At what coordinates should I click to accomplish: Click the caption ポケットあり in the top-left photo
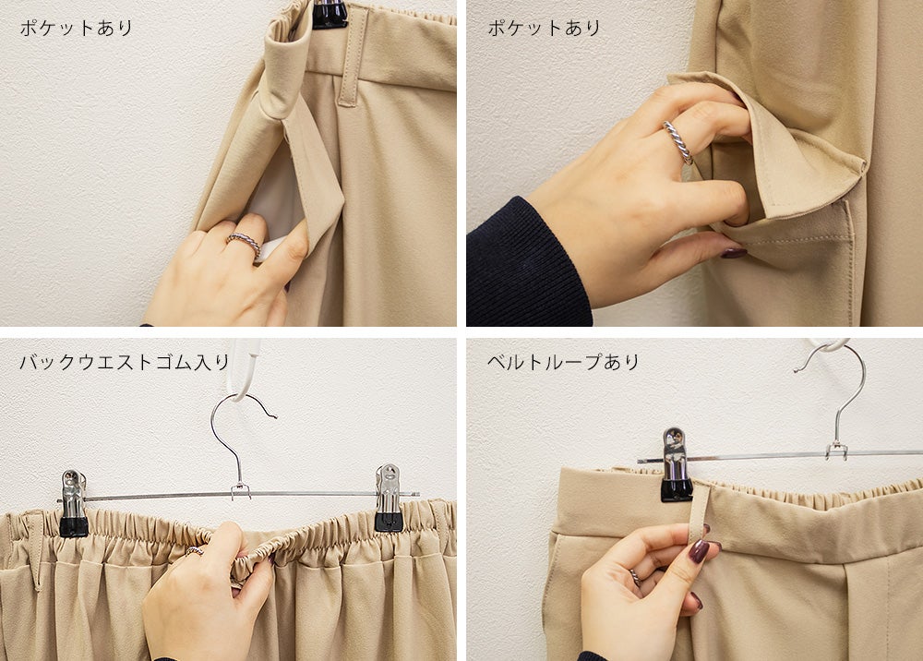pyautogui.click(x=77, y=28)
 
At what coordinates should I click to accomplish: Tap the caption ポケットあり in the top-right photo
pyautogui.click(x=544, y=28)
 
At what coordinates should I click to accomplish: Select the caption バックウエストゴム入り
pyautogui.click(x=125, y=361)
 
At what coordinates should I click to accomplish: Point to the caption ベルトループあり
pyautogui.click(x=563, y=361)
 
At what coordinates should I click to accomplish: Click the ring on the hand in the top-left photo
pyautogui.click(x=245, y=242)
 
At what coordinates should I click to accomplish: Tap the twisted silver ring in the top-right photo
pyautogui.click(x=678, y=142)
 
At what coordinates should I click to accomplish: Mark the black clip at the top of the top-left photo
pyautogui.click(x=330, y=14)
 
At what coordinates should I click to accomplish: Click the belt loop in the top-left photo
pyautogui.click(x=350, y=57)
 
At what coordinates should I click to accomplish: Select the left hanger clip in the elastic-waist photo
pyautogui.click(x=74, y=503)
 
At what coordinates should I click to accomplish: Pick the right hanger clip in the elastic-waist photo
pyautogui.click(x=389, y=498)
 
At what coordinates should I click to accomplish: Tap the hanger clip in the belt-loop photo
pyautogui.click(x=677, y=465)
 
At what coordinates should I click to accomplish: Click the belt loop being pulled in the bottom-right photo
pyautogui.click(x=700, y=511)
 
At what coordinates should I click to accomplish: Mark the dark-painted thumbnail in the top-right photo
pyautogui.click(x=734, y=253)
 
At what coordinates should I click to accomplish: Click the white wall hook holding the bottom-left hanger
pyautogui.click(x=243, y=369)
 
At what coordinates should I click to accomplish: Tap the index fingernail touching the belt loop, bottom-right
pyautogui.click(x=699, y=551)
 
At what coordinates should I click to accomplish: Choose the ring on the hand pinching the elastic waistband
pyautogui.click(x=194, y=551)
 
